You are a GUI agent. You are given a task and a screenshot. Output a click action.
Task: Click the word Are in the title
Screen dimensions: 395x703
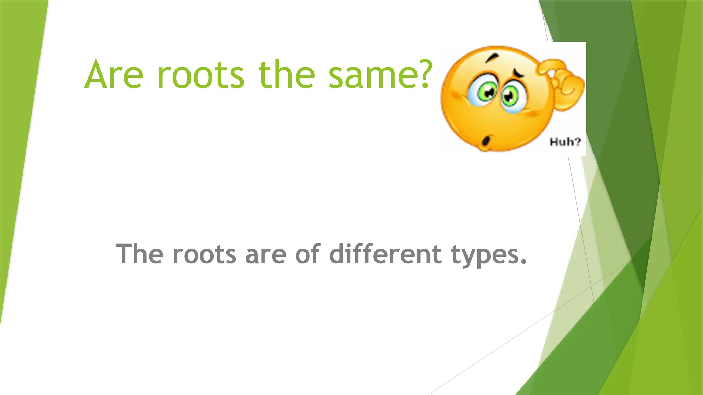(x=114, y=75)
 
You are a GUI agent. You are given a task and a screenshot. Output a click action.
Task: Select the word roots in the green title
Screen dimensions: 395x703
(x=201, y=75)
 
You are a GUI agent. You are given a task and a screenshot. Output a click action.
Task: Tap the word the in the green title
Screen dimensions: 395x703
(x=287, y=75)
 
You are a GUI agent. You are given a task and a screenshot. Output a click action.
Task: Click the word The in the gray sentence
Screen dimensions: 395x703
(x=139, y=254)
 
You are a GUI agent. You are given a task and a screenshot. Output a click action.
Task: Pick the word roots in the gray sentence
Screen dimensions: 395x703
(x=204, y=255)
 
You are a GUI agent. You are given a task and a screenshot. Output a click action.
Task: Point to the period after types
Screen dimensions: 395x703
(x=523, y=263)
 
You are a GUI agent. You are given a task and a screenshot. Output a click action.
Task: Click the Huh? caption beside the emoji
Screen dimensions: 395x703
(x=565, y=142)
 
